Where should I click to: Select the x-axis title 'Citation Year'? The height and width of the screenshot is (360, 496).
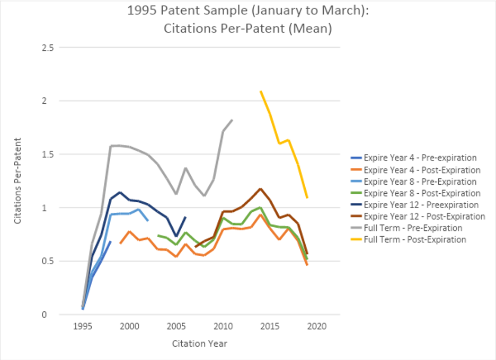click(x=199, y=344)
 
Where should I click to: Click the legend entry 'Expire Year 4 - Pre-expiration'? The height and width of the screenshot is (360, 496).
click(x=420, y=158)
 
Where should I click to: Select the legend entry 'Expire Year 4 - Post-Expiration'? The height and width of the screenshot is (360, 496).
click(x=422, y=170)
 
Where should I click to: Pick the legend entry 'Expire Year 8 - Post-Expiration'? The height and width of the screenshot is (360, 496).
click(x=422, y=193)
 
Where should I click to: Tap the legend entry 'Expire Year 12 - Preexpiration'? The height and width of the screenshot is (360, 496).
click(x=421, y=205)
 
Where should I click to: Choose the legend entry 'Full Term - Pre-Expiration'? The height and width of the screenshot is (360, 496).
click(x=413, y=228)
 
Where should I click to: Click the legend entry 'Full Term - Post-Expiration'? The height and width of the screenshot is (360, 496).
click(x=415, y=240)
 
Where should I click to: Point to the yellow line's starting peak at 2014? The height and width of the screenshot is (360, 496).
click(x=261, y=91)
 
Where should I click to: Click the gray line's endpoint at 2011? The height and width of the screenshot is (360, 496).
click(x=232, y=120)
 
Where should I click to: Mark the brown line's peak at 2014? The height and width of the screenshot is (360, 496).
click(x=260, y=188)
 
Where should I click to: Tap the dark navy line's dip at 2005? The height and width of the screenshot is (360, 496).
click(x=176, y=236)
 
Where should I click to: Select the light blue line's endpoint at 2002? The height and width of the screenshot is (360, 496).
click(x=148, y=220)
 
